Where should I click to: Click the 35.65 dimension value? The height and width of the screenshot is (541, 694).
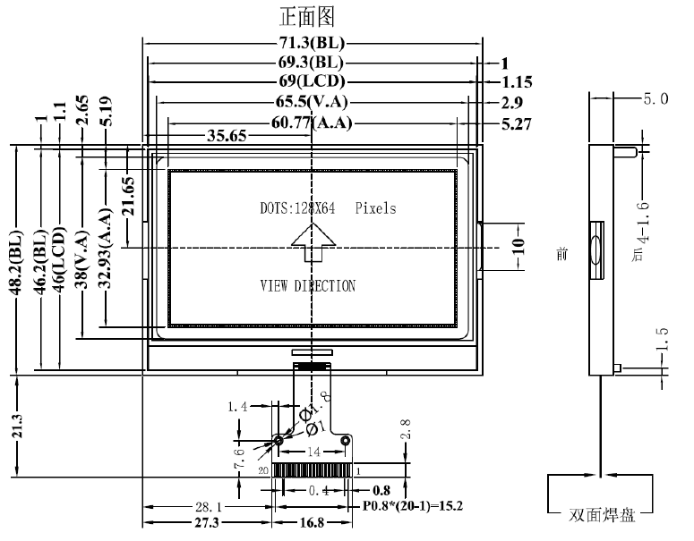point(228,137)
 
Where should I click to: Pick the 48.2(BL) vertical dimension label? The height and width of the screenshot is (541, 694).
point(15,259)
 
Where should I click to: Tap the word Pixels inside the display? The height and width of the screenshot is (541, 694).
point(375,208)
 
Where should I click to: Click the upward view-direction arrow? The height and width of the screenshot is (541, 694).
point(312,242)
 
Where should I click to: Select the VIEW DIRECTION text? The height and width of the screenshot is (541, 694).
point(307,286)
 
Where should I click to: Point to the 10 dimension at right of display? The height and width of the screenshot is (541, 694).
point(518,247)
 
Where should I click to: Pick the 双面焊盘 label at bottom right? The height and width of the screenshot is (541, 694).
point(600,516)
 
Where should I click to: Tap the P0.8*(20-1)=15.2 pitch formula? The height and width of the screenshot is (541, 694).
point(412,504)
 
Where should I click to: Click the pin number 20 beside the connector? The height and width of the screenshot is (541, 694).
point(263,469)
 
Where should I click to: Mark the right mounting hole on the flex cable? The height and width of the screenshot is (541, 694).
point(347,440)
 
